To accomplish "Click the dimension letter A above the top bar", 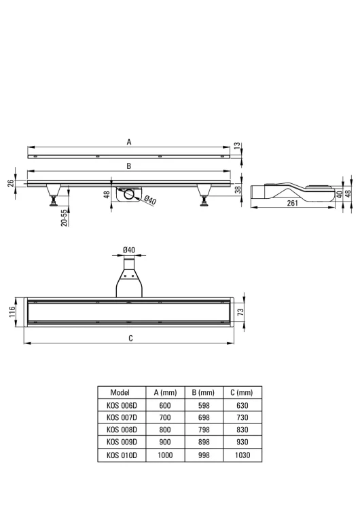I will pyautogui.click(x=128, y=143).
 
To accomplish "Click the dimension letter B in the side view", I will pyautogui.click(x=128, y=166).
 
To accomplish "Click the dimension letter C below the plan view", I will pyautogui.click(x=130, y=338).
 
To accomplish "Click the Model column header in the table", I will pyautogui.click(x=120, y=393).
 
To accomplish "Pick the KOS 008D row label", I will pyautogui.click(x=122, y=430).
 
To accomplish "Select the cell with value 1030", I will pyautogui.click(x=241, y=454).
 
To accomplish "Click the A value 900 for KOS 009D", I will pyautogui.click(x=165, y=442).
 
